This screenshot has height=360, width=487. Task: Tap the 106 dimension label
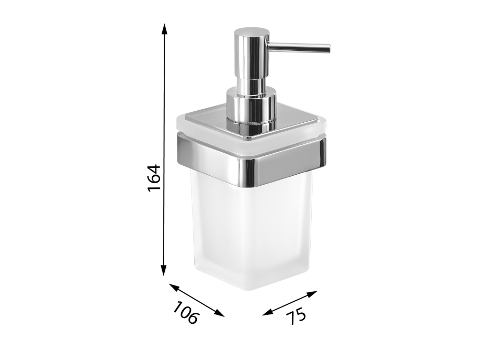coord(185,312)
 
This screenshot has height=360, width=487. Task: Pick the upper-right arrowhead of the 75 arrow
coord(312,293)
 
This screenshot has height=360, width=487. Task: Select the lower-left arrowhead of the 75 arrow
coord(268,312)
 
